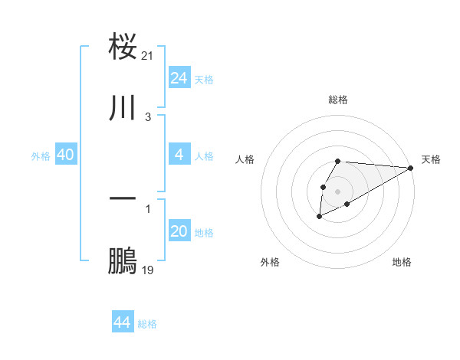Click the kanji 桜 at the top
point(123,46)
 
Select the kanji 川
point(123,108)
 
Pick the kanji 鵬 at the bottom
point(123,261)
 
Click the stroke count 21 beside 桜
point(149,56)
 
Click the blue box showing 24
point(179,78)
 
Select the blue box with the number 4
point(179,155)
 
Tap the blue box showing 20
point(179,231)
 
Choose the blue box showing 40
point(66,155)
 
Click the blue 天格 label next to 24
point(204,80)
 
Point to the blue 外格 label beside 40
point(41,156)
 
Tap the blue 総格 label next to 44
point(147,324)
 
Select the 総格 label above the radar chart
point(338,100)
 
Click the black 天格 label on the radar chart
point(432,159)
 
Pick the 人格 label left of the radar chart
point(245,159)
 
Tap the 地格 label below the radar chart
point(402,262)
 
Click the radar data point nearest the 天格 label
point(411,168)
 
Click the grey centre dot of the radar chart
point(338,190)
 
